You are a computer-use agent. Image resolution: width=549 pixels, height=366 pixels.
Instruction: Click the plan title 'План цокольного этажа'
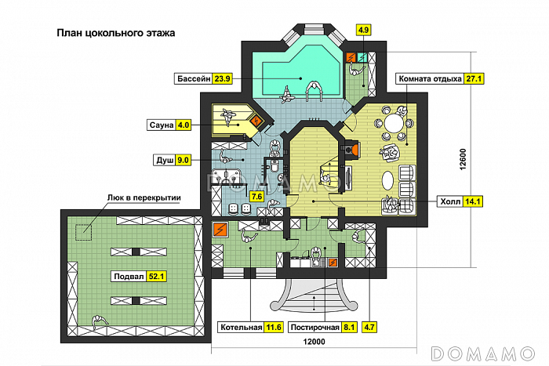(116, 33)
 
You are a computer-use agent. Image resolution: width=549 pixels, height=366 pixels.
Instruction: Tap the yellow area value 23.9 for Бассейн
(222, 78)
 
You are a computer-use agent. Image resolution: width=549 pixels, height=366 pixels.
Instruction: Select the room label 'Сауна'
(162, 125)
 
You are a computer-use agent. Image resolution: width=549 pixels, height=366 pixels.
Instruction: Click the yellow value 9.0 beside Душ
(183, 160)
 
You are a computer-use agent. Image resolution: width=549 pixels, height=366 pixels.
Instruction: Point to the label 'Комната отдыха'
(431, 78)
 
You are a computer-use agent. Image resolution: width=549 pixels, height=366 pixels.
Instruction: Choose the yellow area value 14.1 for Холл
(473, 201)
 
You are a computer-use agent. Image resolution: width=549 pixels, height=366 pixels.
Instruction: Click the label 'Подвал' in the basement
(129, 277)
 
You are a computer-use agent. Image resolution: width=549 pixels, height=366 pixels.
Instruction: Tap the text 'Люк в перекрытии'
(144, 197)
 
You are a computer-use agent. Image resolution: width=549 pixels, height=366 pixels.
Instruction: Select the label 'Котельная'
(241, 327)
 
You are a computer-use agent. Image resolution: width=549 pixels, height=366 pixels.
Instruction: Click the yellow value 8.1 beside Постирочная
(349, 327)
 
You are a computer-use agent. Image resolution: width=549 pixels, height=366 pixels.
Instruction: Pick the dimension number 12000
(314, 342)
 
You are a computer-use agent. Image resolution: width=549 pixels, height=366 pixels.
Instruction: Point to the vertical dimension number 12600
(463, 160)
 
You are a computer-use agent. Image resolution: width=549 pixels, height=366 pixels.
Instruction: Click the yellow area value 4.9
(363, 30)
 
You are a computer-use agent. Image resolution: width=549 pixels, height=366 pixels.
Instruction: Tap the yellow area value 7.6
(256, 197)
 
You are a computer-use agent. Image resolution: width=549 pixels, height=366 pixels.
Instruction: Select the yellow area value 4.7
(369, 327)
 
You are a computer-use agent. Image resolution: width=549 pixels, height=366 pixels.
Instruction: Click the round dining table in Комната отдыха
(394, 124)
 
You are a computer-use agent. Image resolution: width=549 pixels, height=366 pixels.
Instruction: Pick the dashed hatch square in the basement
(84, 232)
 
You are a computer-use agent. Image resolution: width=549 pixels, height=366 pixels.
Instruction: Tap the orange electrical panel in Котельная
(220, 230)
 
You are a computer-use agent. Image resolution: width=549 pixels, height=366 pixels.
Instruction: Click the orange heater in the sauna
(257, 121)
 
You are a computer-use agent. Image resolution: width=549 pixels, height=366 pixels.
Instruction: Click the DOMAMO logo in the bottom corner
(483, 353)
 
